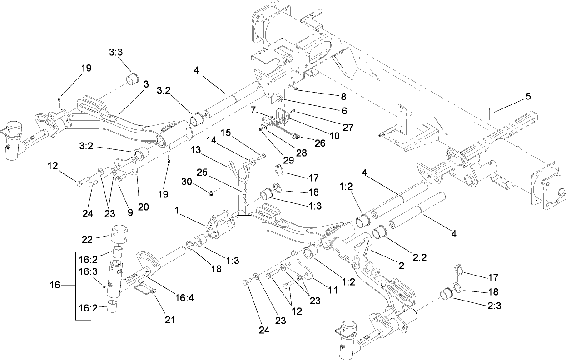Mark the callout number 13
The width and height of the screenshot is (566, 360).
point(195,150)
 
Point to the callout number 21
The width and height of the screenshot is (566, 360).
point(169,320)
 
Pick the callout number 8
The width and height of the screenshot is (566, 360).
point(343,96)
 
